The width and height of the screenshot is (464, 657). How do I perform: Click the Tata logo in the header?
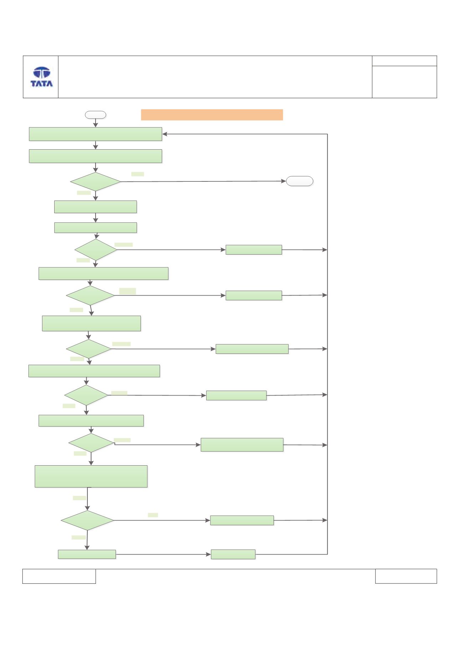click(x=42, y=77)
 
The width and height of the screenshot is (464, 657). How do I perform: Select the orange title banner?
click(x=212, y=115)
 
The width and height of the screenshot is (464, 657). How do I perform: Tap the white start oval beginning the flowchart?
click(x=95, y=115)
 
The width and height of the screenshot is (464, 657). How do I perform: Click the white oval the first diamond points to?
click(x=300, y=181)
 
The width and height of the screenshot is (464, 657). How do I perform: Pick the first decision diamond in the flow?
click(x=95, y=182)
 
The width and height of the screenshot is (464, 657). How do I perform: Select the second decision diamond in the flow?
click(x=96, y=250)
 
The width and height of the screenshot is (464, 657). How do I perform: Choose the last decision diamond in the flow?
click(x=87, y=520)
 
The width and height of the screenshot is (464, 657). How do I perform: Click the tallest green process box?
click(x=91, y=476)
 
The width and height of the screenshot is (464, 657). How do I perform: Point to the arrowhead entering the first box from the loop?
click(x=165, y=134)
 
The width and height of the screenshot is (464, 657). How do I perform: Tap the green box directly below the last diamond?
click(x=87, y=554)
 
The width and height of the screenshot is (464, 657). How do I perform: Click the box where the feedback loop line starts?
click(x=233, y=554)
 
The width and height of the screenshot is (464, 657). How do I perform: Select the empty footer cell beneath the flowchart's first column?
click(x=59, y=576)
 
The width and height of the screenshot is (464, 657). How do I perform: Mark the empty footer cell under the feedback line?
click(x=406, y=576)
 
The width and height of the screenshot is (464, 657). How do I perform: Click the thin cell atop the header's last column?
click(x=404, y=61)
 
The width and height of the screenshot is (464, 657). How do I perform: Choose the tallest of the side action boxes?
click(x=242, y=445)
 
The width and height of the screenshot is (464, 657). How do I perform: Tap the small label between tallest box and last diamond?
click(x=79, y=498)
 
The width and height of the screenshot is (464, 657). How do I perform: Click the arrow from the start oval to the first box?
click(x=95, y=123)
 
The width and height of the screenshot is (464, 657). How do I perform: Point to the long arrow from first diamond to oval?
click(x=203, y=181)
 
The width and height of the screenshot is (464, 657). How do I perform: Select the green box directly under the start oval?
click(x=95, y=134)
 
